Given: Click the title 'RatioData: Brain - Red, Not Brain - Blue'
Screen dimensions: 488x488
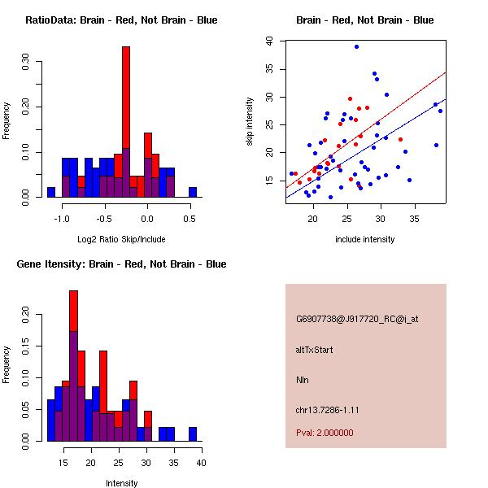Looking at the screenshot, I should coord(121,20).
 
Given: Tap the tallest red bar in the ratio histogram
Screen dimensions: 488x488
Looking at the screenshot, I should coord(126,114).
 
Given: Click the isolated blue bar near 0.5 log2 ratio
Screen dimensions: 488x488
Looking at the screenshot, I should coord(193,192).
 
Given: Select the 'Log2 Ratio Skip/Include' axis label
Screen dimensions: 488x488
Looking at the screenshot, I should coord(121,241).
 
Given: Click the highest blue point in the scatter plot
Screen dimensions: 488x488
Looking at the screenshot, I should coord(356,47).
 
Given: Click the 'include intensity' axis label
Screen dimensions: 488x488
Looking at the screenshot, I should coord(365,240).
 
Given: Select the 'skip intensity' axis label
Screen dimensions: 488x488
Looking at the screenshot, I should coord(250,122).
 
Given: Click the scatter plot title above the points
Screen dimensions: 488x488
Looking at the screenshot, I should coord(365,20).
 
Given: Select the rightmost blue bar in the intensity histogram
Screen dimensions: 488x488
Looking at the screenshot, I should coord(193,434).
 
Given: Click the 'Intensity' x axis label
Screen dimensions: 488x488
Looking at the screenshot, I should coord(121,484).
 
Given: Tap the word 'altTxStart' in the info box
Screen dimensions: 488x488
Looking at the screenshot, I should coord(315,350).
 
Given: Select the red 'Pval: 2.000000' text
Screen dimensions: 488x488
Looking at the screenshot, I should coord(325,433).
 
